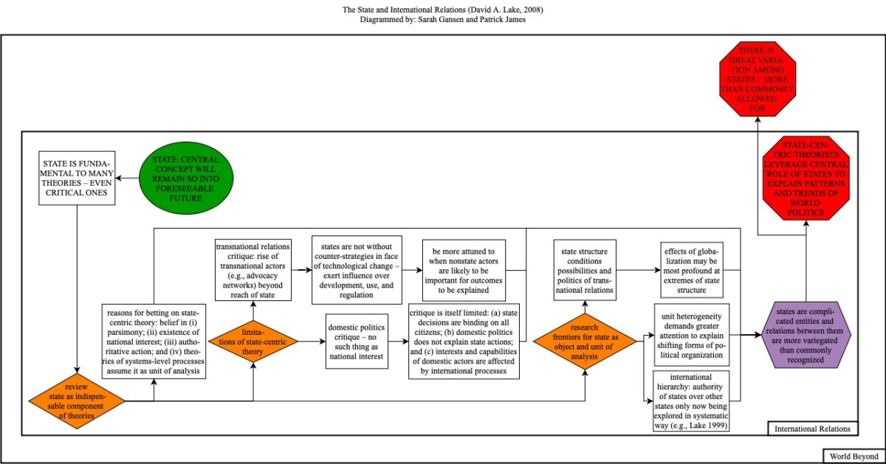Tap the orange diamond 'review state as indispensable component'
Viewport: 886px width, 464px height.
[77, 401]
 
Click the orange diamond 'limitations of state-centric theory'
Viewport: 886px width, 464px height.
[253, 341]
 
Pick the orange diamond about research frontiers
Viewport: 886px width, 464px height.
[585, 341]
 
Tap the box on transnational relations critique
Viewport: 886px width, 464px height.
[253, 269]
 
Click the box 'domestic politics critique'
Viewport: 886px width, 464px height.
[356, 341]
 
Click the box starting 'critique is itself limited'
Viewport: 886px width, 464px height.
[464, 341]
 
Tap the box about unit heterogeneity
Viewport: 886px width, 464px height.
[691, 334]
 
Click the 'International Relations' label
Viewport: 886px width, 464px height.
[813, 428]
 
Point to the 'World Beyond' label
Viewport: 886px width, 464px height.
[854, 456]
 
